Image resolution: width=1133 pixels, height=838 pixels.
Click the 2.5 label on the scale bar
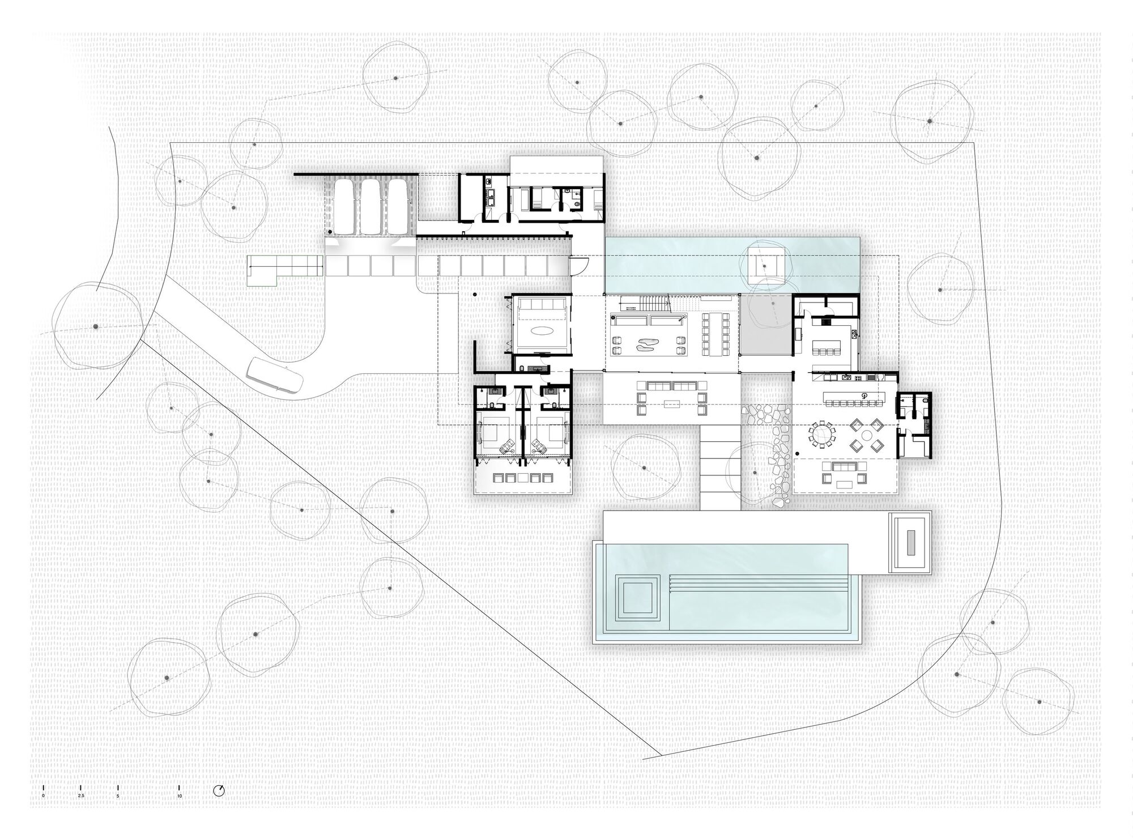pyautogui.click(x=80, y=796)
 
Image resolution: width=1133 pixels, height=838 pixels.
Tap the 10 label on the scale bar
pyautogui.click(x=179, y=796)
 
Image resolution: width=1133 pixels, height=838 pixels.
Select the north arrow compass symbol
pyautogui.click(x=219, y=791)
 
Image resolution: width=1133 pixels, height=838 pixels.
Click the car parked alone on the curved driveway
pyautogui.click(x=274, y=375)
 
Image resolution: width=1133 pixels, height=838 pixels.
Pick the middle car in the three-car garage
pyautogui.click(x=372, y=206)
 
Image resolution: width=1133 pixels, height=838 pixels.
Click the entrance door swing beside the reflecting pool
pyautogui.click(x=579, y=263)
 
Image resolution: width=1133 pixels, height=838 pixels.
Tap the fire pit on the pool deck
pyautogui.click(x=910, y=542)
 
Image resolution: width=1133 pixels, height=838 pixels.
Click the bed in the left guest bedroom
pyautogui.click(x=490, y=433)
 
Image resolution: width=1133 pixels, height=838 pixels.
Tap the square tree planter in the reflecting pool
pyautogui.click(x=764, y=264)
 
